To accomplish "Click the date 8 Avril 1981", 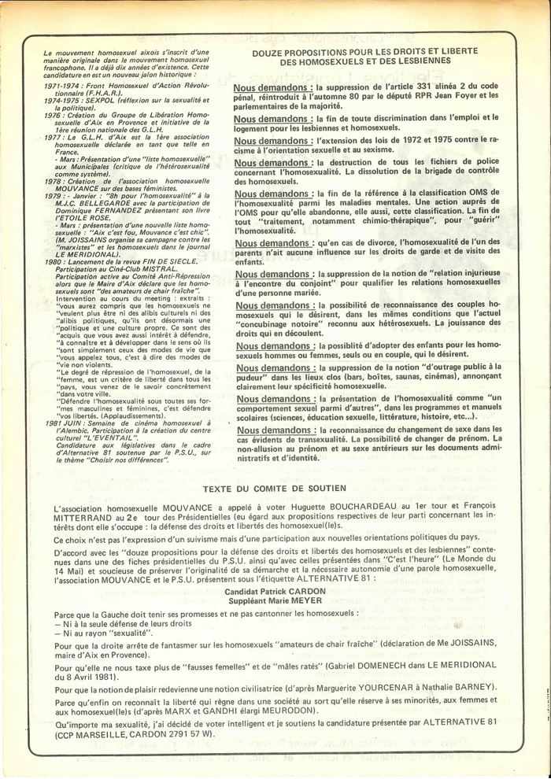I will pyautogui.click(x=96, y=675).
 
